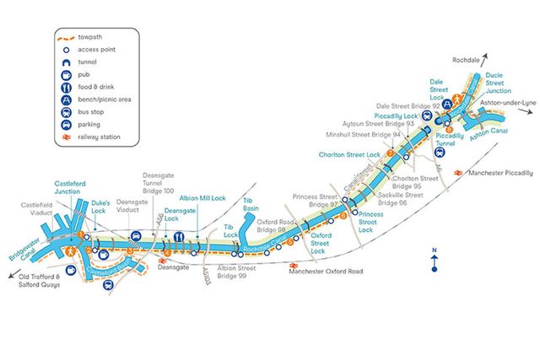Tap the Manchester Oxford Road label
pos(326,271)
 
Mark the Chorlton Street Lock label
pos(351,154)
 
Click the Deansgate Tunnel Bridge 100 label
pos(157,180)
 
